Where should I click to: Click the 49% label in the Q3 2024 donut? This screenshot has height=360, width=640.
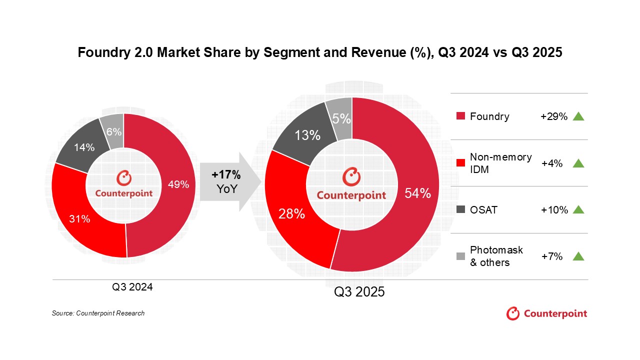[178, 184]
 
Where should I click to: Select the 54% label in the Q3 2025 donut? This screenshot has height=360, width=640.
[417, 193]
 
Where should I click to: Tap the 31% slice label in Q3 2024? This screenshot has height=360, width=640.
[79, 218]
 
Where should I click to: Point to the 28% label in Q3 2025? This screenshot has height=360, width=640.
[291, 213]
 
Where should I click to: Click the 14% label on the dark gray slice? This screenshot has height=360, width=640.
[84, 147]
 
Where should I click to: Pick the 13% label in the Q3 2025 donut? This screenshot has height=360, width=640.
[307, 135]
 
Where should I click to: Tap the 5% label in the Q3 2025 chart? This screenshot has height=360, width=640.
[342, 119]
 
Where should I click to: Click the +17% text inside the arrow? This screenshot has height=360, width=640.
[226, 175]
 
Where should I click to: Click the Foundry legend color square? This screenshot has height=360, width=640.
[460, 116]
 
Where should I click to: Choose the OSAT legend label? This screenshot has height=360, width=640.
[483, 210]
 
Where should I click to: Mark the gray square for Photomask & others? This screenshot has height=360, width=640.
[460, 256]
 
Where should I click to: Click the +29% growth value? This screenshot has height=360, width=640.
[554, 116]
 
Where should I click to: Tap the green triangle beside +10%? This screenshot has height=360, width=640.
[578, 209]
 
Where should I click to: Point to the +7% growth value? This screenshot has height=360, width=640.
[552, 256]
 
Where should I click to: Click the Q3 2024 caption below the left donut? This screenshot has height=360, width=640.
[132, 287]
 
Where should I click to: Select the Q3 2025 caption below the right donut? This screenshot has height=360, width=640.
[359, 292]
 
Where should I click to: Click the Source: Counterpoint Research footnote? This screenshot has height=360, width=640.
[98, 313]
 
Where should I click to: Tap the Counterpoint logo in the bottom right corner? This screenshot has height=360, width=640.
[546, 314]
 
